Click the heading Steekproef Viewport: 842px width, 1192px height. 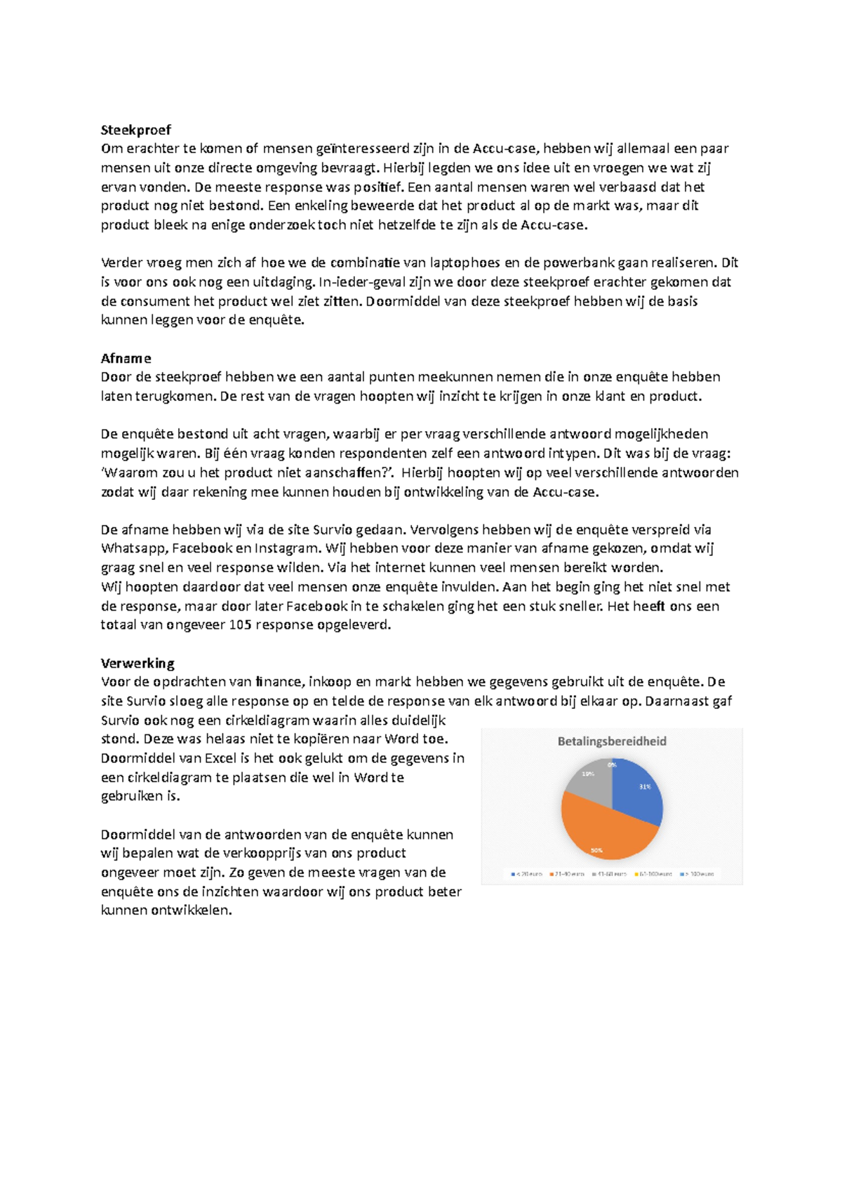(x=135, y=130)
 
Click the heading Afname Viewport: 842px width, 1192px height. (x=126, y=358)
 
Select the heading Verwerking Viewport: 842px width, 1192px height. (x=138, y=663)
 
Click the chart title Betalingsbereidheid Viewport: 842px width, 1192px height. (x=612, y=741)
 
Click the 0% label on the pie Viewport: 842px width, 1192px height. (x=613, y=764)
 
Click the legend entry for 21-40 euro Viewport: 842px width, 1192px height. (x=569, y=874)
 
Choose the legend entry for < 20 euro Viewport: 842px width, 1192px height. (x=528, y=874)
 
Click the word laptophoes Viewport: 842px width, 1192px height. (x=465, y=263)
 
